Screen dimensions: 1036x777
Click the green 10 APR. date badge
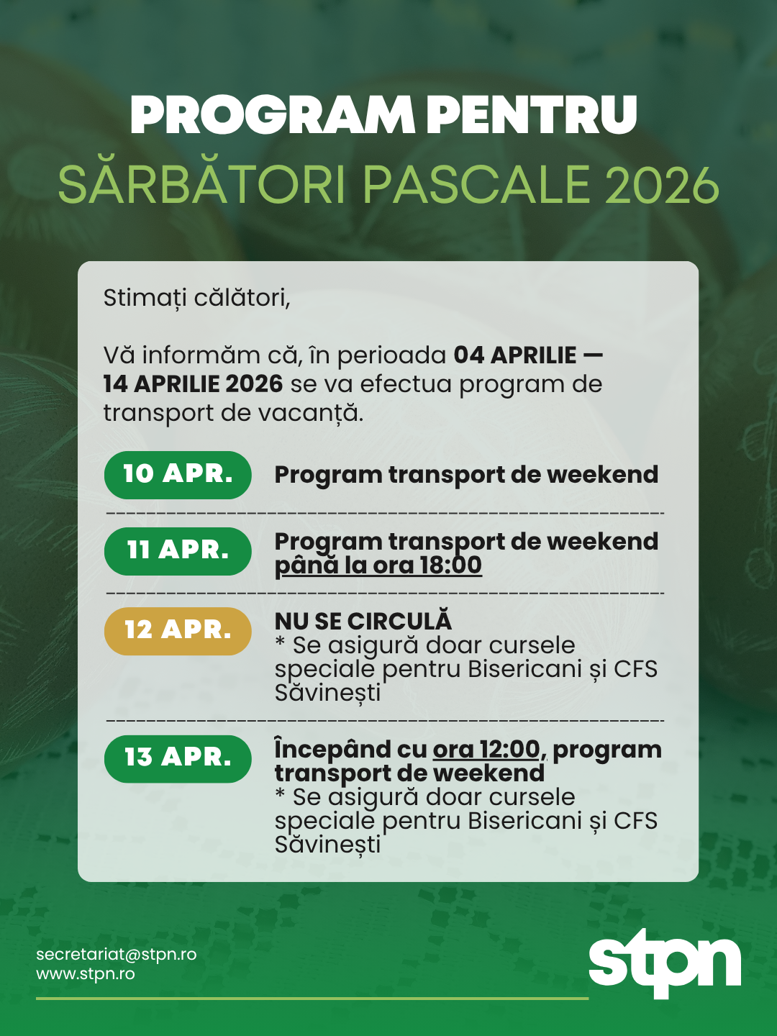pyautogui.click(x=178, y=475)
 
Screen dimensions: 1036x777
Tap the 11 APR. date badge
pyautogui.click(x=178, y=551)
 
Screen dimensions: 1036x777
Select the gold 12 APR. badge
pyautogui.click(x=178, y=631)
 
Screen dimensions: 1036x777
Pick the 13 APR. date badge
pyautogui.click(x=178, y=758)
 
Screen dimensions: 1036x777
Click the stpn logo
pyautogui.click(x=664, y=963)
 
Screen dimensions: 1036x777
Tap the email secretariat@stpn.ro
pyautogui.click(x=116, y=954)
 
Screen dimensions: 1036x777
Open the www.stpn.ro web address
pyautogui.click(x=86, y=974)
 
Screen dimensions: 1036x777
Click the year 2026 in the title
pyautogui.click(x=662, y=185)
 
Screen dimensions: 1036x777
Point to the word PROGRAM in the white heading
pyautogui.click(x=272, y=115)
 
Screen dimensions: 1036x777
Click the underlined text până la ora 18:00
pyautogui.click(x=378, y=565)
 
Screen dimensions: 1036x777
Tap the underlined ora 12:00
pyautogui.click(x=486, y=750)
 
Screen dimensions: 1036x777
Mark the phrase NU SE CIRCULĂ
pyautogui.click(x=363, y=622)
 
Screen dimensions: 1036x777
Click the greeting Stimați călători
pyautogui.click(x=196, y=298)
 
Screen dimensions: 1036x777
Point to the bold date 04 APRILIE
pyautogui.click(x=515, y=355)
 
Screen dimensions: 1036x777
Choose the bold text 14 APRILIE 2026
pyautogui.click(x=193, y=384)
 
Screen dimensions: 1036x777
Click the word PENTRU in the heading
pyautogui.click(x=531, y=115)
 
